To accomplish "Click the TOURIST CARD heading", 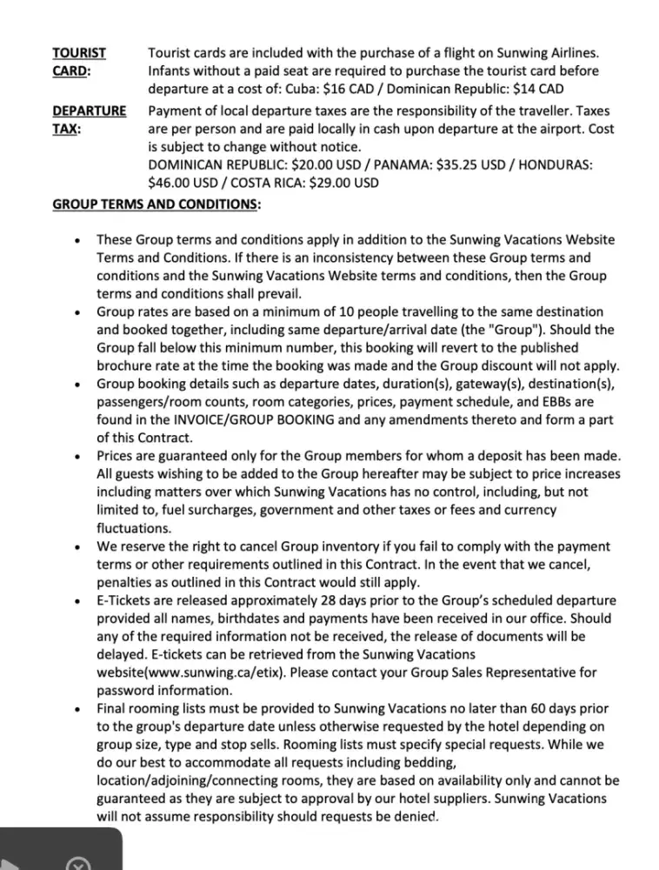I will (74, 62).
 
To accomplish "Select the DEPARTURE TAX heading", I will (89, 119).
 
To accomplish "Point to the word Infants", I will (174, 71).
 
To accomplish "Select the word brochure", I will (127, 366).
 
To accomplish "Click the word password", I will (130, 691).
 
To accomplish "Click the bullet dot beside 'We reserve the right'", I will (78, 548).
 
